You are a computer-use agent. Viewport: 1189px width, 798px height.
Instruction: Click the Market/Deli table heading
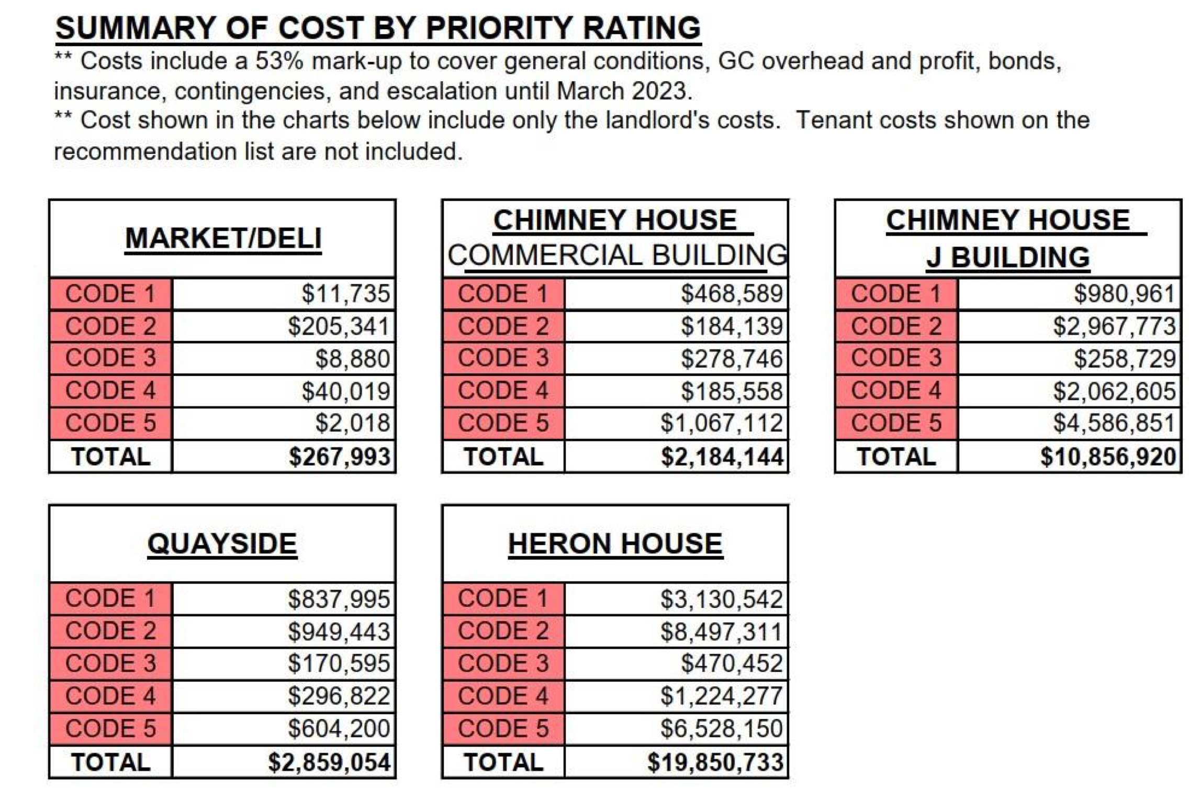click(223, 238)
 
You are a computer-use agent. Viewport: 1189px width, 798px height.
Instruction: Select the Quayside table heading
click(222, 544)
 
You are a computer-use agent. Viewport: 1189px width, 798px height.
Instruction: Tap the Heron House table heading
click(615, 544)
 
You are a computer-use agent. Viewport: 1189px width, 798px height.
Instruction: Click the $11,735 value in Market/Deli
click(345, 294)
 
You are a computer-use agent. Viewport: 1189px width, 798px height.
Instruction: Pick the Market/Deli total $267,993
click(339, 457)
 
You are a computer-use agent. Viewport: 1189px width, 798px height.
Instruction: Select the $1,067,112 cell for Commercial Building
click(721, 423)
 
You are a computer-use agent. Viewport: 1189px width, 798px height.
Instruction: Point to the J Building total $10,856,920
click(1108, 457)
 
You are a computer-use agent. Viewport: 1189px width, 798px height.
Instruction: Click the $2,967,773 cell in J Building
click(1114, 326)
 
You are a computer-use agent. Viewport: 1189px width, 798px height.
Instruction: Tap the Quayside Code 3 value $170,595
click(339, 663)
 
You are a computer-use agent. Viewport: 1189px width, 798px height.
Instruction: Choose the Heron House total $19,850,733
click(715, 762)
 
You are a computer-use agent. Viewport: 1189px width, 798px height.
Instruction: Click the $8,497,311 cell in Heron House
click(721, 631)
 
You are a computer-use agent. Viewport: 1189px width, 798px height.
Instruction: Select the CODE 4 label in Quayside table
click(110, 696)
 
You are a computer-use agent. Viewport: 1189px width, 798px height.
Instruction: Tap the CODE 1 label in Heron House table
click(503, 598)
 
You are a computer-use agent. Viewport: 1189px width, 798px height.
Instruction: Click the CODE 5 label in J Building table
click(896, 423)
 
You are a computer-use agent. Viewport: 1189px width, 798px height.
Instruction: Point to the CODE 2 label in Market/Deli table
click(110, 326)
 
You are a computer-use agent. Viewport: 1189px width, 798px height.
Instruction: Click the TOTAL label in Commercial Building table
click(503, 457)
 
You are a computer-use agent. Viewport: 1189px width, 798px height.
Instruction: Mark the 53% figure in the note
click(279, 61)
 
